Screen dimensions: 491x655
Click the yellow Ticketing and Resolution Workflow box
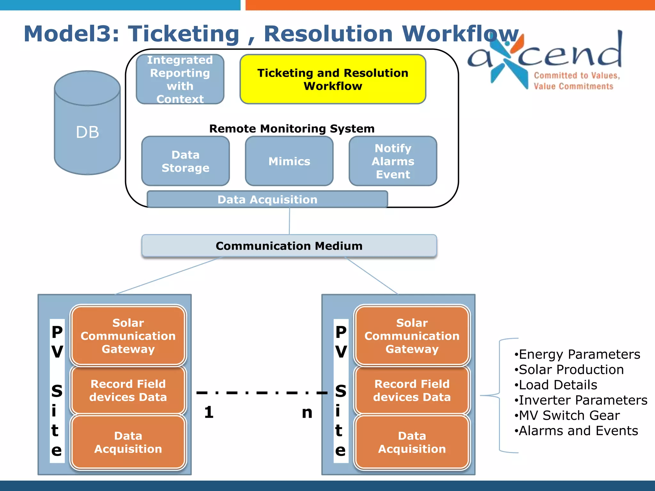point(333,79)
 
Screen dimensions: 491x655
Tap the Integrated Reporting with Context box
point(180,79)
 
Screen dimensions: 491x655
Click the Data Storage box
point(185,161)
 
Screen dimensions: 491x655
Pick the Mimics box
point(289,161)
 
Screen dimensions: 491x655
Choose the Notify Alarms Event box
point(393,161)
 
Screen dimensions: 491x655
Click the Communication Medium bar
point(289,246)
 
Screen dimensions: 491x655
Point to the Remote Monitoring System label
point(292,129)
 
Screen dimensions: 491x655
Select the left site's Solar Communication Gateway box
point(128,336)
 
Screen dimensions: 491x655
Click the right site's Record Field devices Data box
point(412,390)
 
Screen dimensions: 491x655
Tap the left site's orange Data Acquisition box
point(128,442)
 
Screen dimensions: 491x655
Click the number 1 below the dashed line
point(209,412)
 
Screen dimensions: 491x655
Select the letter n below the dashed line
point(307,413)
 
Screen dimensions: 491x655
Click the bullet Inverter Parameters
point(582,400)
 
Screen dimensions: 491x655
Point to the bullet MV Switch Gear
point(569,416)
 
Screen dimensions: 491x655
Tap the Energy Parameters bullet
point(579,355)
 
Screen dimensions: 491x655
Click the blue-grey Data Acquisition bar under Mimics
point(267,199)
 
